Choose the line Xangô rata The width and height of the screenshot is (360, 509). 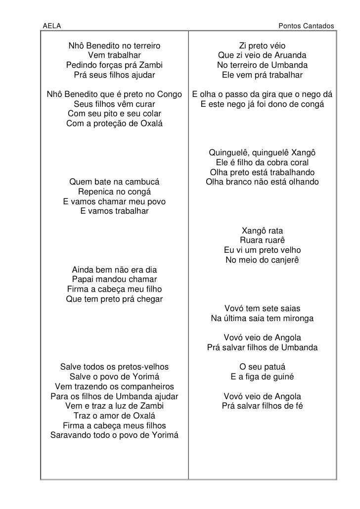(x=262, y=231)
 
